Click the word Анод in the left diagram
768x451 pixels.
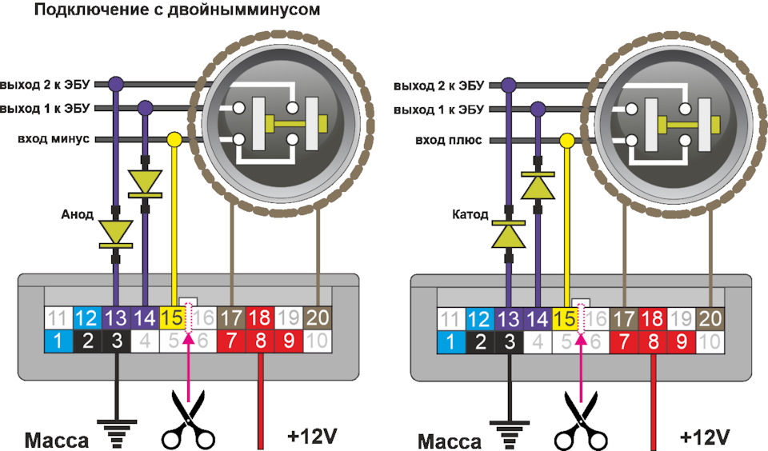(78, 214)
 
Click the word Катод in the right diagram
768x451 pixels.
(470, 214)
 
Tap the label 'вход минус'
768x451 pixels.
(54, 139)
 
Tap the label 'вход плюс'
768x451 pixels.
(449, 141)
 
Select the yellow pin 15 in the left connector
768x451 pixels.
(172, 318)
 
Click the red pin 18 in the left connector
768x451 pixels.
(259, 318)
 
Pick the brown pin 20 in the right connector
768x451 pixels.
(710, 320)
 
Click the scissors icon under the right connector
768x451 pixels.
(581, 420)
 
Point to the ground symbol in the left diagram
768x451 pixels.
(117, 433)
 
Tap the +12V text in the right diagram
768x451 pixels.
(705, 437)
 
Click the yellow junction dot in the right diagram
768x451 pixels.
(566, 141)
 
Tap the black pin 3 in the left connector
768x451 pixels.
(117, 341)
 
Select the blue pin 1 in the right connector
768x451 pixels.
(451, 341)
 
